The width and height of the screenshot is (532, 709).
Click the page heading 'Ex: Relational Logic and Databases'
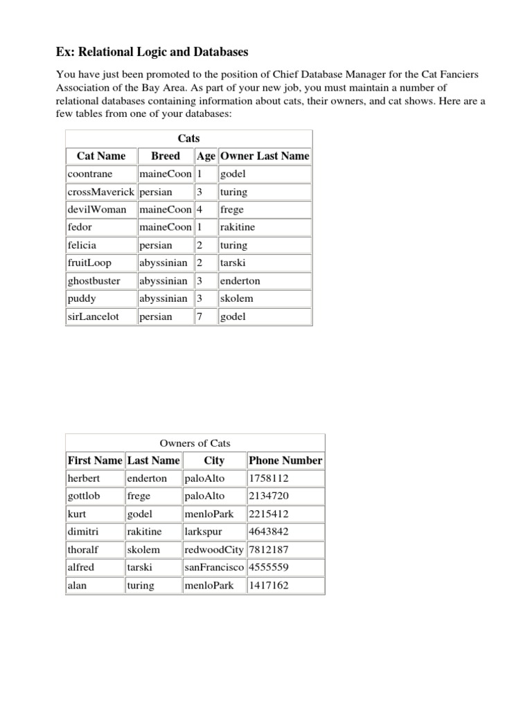tap(152, 52)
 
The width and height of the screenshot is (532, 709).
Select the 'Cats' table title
tap(188, 138)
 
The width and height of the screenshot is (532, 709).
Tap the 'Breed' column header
tap(166, 156)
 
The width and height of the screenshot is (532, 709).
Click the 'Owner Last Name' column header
tap(265, 156)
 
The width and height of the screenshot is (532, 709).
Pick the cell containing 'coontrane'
tap(90, 174)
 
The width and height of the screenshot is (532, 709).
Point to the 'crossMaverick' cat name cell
tap(100, 192)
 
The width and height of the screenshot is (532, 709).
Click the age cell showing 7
tap(199, 316)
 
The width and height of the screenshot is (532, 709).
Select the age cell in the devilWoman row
tap(199, 210)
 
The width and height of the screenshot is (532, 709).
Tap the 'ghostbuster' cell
tap(94, 281)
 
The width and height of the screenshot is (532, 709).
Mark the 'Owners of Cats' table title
tap(195, 443)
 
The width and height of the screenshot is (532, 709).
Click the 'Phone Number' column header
tap(285, 460)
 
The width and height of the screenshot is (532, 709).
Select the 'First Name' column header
tap(95, 460)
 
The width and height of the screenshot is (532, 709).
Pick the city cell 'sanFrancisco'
tap(214, 567)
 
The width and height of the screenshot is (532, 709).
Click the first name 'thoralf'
tap(83, 550)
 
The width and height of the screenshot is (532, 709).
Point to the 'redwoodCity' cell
tap(214, 550)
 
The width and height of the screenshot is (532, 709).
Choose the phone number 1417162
tap(269, 585)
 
